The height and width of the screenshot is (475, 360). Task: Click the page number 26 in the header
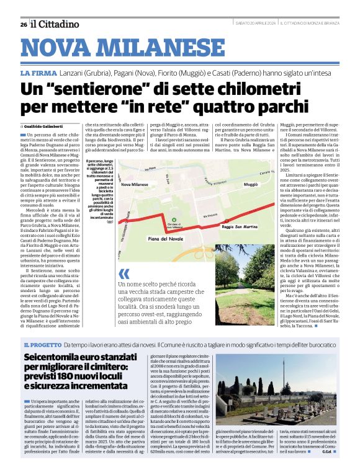24,24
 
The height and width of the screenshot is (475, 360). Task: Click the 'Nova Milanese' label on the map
135,185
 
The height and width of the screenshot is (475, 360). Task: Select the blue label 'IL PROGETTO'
42,344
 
